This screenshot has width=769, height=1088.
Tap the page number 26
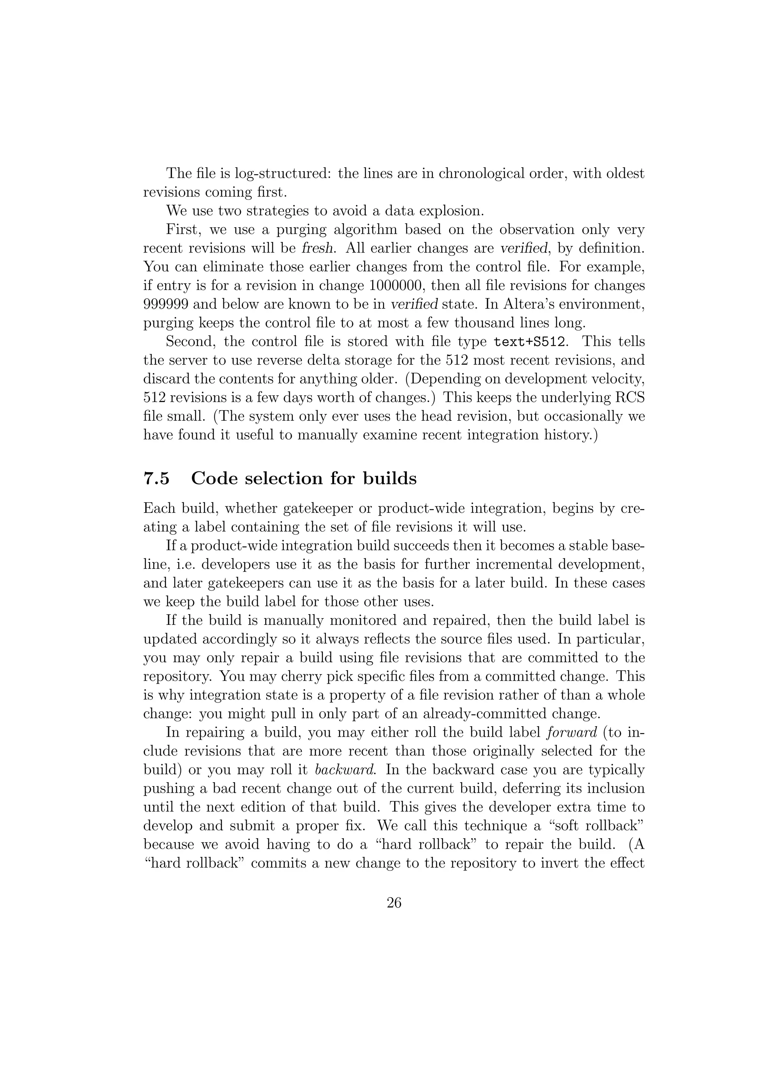point(394,903)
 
